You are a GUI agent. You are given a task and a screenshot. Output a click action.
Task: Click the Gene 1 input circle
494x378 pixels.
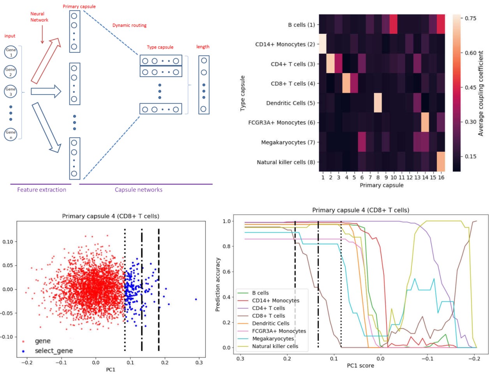click(x=11, y=52)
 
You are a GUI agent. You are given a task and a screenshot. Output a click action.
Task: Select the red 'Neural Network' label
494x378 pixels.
click(x=39, y=17)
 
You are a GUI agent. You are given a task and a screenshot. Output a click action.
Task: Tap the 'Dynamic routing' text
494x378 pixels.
click(x=129, y=25)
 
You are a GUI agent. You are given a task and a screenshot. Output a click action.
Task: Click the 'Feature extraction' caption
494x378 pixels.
click(x=42, y=190)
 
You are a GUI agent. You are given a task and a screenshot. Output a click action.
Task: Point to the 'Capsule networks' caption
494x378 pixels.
click(x=138, y=190)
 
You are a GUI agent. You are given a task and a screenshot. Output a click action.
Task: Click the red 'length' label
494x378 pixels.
click(x=203, y=47)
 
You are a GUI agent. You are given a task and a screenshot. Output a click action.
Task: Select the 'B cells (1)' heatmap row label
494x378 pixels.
click(x=301, y=25)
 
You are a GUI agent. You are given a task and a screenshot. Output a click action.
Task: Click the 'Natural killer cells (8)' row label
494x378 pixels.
click(x=286, y=162)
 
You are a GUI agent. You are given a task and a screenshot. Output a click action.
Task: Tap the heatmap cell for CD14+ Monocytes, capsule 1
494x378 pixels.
click(x=323, y=44)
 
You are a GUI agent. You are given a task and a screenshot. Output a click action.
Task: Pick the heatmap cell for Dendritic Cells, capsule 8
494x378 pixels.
click(x=378, y=103)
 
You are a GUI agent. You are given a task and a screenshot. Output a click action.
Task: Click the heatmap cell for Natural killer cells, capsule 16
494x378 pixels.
click(x=441, y=162)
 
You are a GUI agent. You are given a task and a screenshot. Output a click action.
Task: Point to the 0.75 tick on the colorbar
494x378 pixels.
click(x=470, y=18)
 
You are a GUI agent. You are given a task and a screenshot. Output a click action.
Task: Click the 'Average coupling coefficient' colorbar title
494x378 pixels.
click(x=481, y=93)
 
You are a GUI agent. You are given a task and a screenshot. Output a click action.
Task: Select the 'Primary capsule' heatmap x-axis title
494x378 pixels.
click(x=381, y=185)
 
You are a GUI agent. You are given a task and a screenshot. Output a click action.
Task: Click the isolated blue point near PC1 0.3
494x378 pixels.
click(x=196, y=299)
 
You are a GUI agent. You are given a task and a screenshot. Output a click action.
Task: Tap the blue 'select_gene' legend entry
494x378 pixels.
click(x=53, y=351)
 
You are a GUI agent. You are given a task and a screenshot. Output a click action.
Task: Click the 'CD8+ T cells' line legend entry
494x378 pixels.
click(x=268, y=316)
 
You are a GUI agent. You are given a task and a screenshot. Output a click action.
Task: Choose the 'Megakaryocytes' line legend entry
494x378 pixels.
click(x=273, y=339)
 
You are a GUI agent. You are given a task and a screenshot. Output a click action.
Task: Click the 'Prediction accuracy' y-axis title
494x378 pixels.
click(x=218, y=284)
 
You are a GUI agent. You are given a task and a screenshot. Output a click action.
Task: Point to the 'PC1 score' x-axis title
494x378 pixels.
click(x=360, y=366)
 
